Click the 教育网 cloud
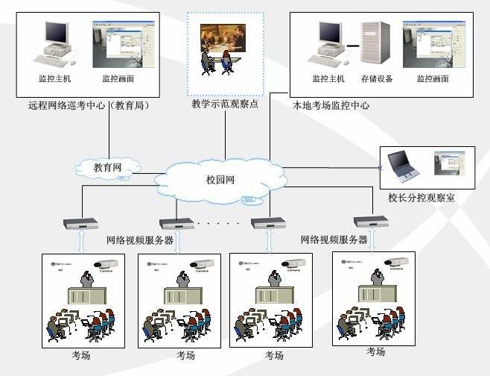click(x=107, y=168)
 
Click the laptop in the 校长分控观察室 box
click(x=405, y=166)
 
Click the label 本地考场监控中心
click(x=331, y=106)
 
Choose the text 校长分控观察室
click(x=421, y=198)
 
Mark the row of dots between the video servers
click(x=218, y=223)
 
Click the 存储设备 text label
click(x=377, y=78)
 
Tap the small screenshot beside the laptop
click(x=450, y=163)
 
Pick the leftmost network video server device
click(x=81, y=222)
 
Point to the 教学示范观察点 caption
click(x=225, y=104)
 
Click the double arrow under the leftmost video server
click(x=82, y=241)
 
